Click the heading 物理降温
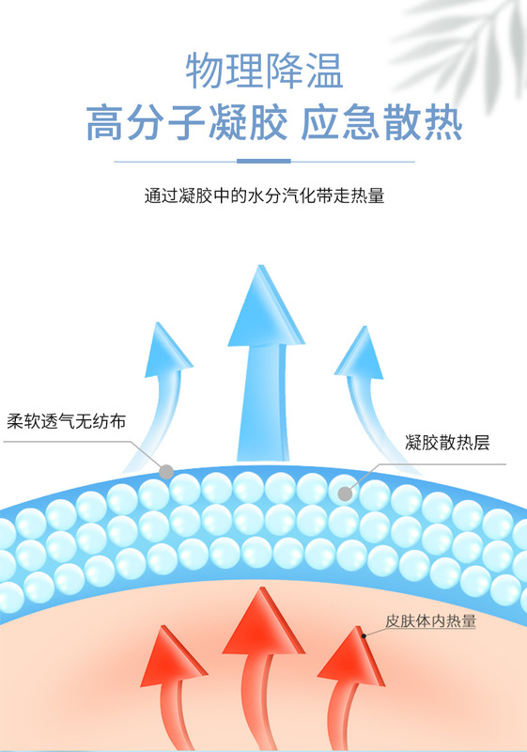265,71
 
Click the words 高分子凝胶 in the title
187,123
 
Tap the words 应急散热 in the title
381,123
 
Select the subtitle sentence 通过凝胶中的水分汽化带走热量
265,196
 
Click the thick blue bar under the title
264,161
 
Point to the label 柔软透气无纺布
66,421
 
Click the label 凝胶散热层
447,442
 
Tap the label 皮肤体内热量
430,620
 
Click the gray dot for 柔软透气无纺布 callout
166,472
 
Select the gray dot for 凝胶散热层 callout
345,493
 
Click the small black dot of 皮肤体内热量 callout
364,636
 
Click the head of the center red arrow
262,623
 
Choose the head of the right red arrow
353,657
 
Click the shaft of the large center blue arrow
264,403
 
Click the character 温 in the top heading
325,71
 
